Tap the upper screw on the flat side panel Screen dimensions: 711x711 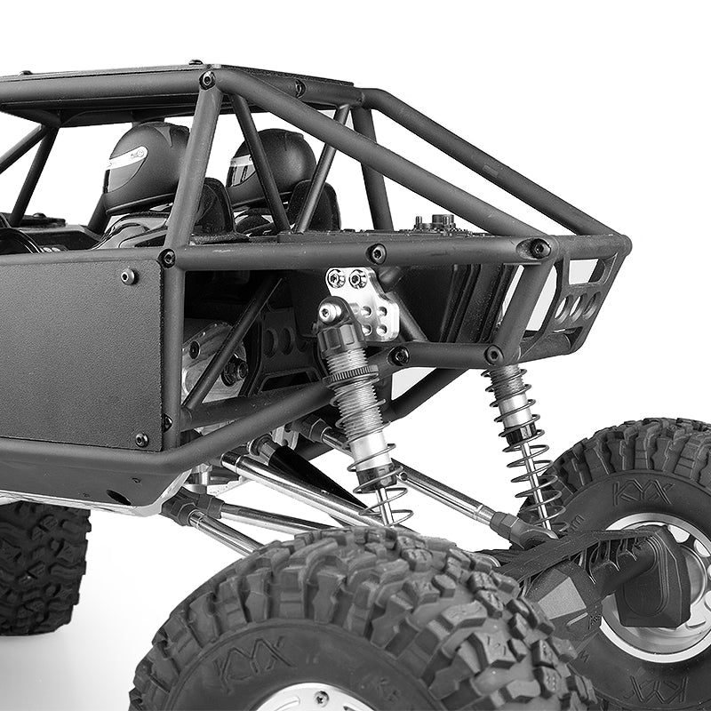click(129, 276)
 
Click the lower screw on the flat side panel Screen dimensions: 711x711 click(141, 439)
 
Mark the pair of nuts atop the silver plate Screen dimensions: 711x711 click(348, 278)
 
